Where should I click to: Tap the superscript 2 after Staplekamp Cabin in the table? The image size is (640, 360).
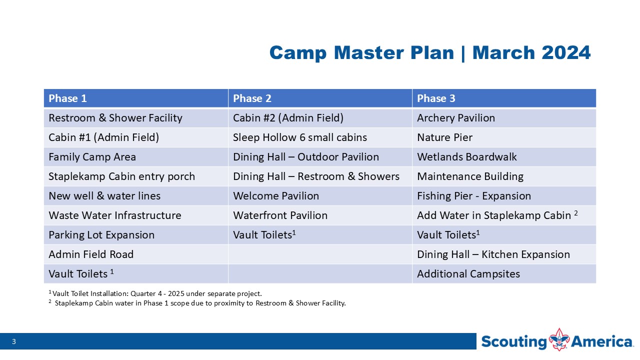coord(575,213)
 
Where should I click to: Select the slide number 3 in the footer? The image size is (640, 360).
coord(13,341)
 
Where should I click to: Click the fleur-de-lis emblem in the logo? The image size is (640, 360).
coord(559,339)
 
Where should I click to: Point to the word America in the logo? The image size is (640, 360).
coord(601,341)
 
